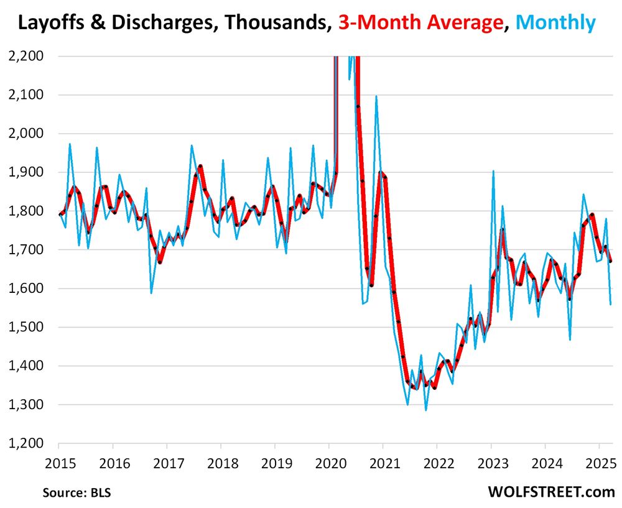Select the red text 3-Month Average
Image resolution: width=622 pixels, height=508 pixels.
click(420, 24)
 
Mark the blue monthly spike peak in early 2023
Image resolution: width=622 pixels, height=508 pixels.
click(493, 171)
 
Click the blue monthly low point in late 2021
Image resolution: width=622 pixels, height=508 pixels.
click(426, 410)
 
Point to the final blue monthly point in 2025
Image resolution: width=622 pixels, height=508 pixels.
click(611, 304)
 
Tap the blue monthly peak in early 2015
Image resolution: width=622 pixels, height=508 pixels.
click(70, 144)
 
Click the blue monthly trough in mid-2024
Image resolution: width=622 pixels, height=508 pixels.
click(570, 339)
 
